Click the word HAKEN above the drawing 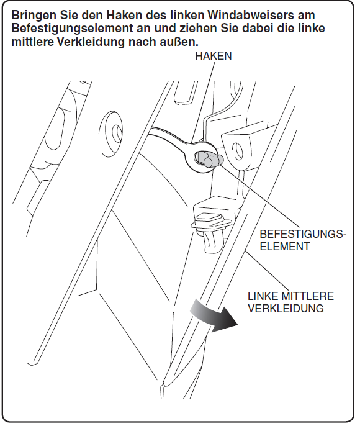click(214, 56)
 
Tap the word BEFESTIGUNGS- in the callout click(303, 234)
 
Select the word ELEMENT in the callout click(285, 247)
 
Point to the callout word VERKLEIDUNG click(286, 309)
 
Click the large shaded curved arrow click(212, 315)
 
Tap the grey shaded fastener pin click(209, 159)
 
